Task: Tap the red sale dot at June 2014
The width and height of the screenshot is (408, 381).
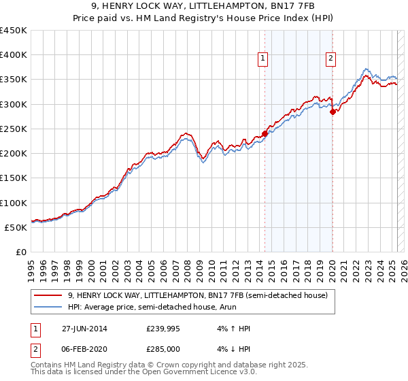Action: pyautogui.click(x=265, y=133)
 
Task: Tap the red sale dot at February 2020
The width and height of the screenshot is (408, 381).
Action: pyautogui.click(x=333, y=112)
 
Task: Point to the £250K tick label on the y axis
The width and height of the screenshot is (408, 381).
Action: pyautogui.click(x=14, y=129)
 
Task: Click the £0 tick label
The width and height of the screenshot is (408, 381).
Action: pyautogui.click(x=22, y=252)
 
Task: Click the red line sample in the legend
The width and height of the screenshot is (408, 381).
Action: pyautogui.click(x=48, y=295)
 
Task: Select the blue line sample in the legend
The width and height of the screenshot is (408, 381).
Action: pyautogui.click(x=48, y=307)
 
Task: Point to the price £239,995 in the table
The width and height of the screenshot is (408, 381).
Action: pyautogui.click(x=163, y=329)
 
